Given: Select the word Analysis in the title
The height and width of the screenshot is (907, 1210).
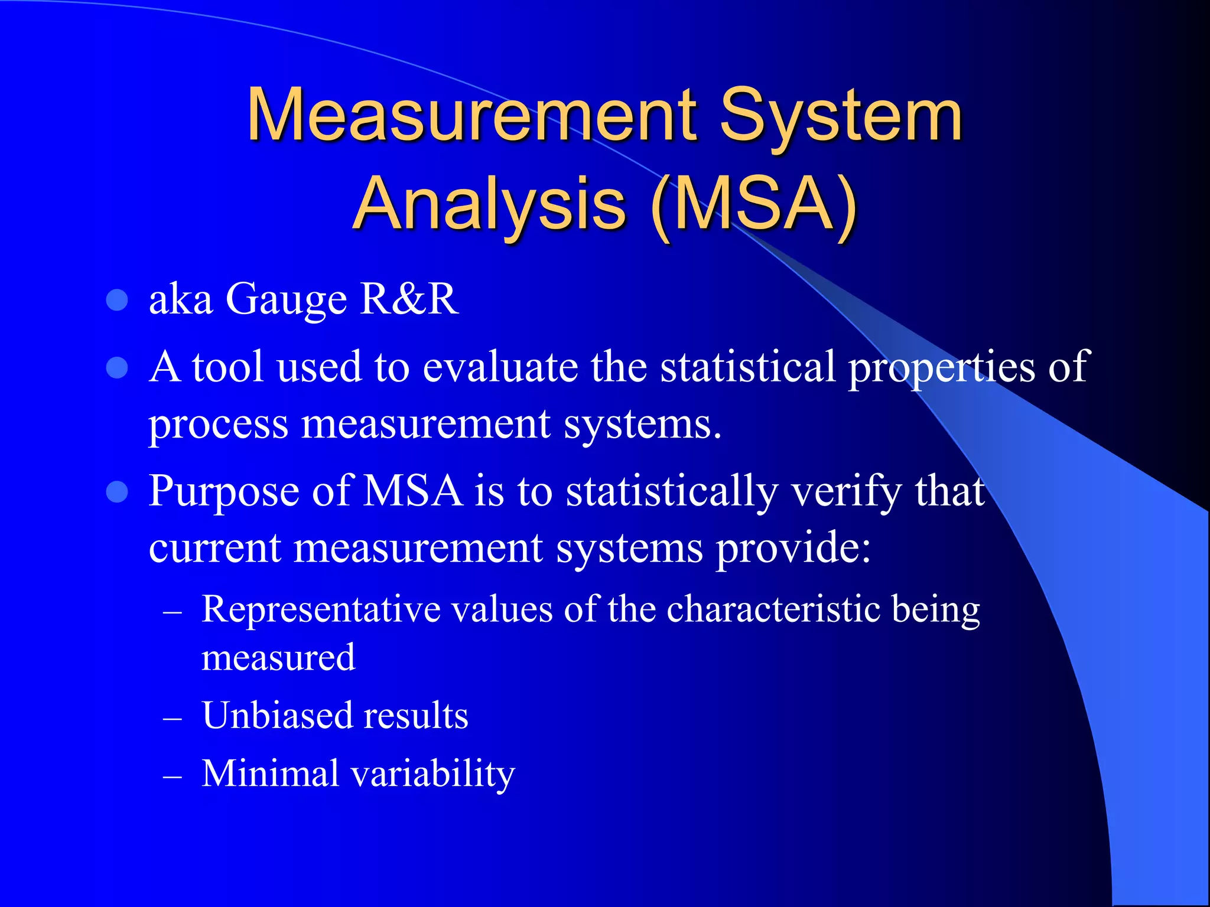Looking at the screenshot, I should pyautogui.click(x=489, y=204).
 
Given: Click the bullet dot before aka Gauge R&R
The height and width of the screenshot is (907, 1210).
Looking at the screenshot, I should pyautogui.click(x=117, y=301).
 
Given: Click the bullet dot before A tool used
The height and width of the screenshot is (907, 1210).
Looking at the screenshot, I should pyautogui.click(x=117, y=368).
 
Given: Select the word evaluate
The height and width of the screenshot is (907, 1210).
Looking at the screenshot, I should pyautogui.click(x=500, y=367).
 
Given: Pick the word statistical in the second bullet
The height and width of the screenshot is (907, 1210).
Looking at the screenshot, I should pyautogui.click(x=747, y=367).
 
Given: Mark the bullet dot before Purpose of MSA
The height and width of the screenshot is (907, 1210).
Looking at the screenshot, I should pyautogui.click(x=117, y=492).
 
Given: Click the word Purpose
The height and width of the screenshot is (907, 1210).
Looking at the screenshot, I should pyautogui.click(x=224, y=492).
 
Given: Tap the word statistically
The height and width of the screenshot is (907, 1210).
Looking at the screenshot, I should pyautogui.click(x=672, y=492).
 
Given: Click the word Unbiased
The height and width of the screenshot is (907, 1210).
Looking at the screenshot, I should pyautogui.click(x=278, y=716).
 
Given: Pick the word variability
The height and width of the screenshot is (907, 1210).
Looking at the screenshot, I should pyautogui.click(x=433, y=774).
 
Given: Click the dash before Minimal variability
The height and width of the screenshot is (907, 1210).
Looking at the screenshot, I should pyautogui.click(x=172, y=777).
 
